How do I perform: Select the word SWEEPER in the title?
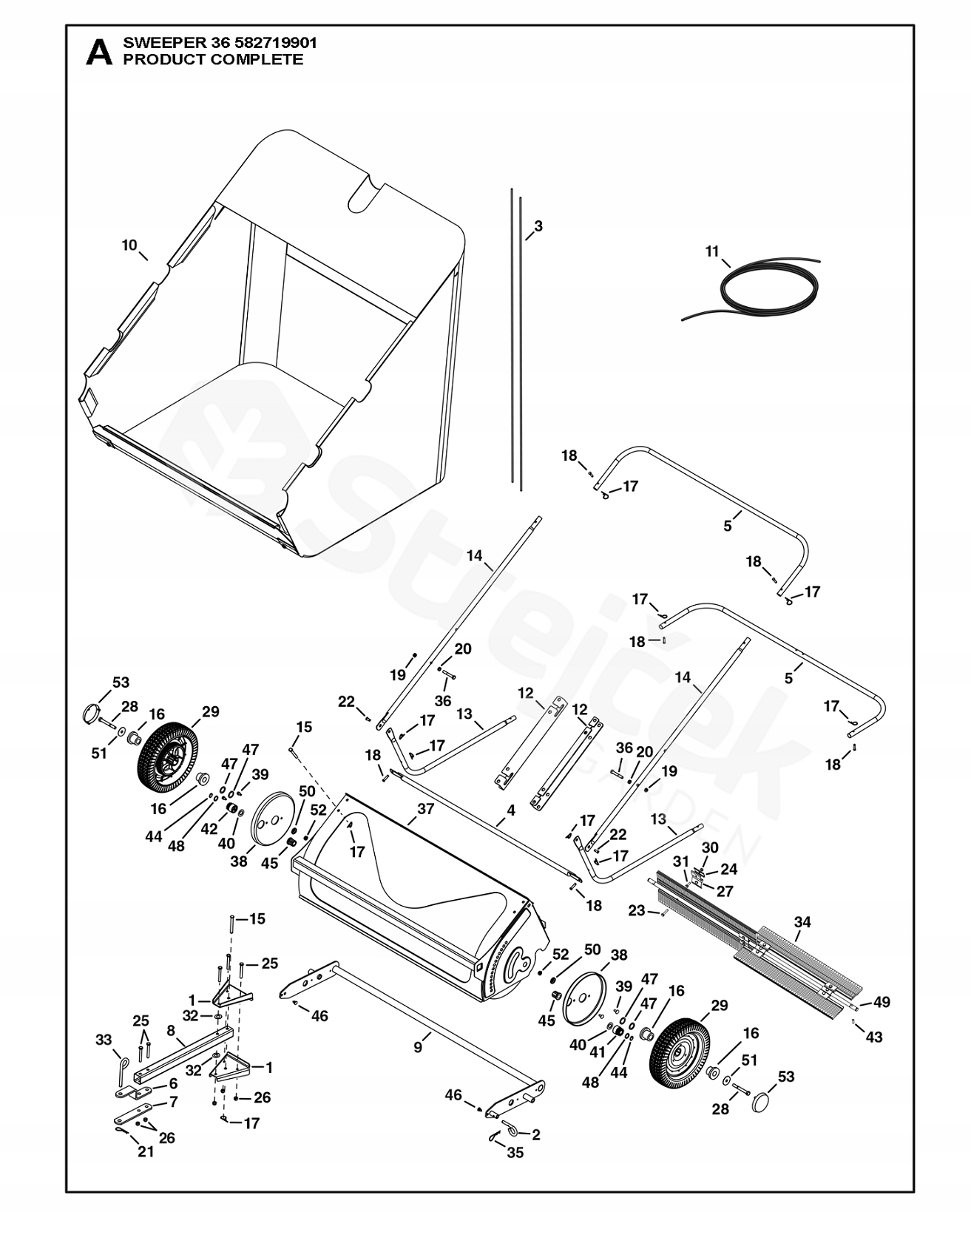152,43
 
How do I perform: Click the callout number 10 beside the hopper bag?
129,245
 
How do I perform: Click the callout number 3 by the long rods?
538,226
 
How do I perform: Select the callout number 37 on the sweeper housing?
425,809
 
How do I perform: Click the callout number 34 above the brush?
802,922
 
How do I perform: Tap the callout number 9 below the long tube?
418,1046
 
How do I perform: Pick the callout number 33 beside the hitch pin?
103,1040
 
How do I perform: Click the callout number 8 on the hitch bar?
171,1030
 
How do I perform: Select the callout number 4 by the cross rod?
510,811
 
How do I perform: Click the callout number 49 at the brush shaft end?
882,1002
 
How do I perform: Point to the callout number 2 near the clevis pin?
535,1134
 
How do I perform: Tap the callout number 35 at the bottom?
515,1152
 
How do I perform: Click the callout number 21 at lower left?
146,1151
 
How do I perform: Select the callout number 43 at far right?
874,1037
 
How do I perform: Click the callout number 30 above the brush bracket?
710,847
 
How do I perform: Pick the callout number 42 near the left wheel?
209,829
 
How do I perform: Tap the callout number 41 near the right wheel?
598,1052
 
